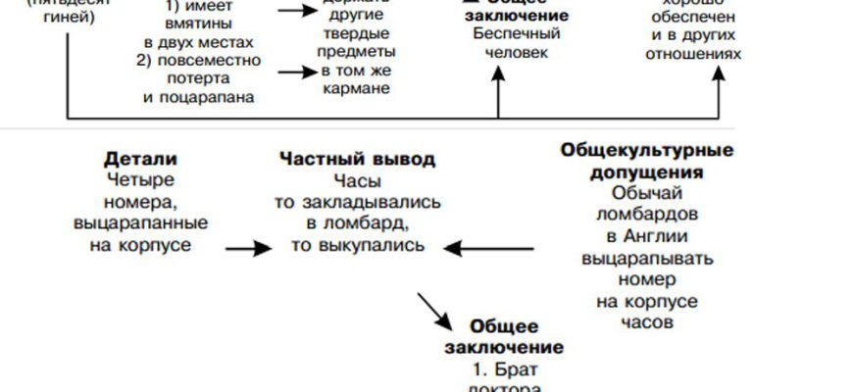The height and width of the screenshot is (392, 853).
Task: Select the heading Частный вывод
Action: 357,159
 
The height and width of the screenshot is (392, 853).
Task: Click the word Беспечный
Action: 503,31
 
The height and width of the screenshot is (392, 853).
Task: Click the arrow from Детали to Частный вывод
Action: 247,249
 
